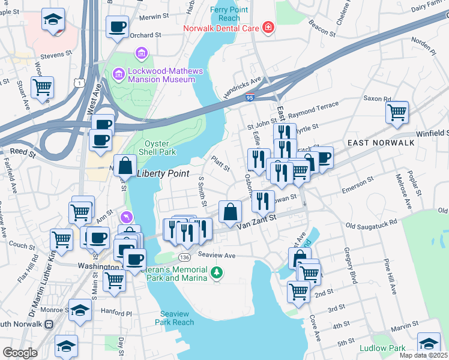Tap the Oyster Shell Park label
pos(160,147)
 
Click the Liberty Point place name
pos(164,174)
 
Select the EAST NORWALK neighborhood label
pos(381,142)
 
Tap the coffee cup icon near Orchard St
pos(117,26)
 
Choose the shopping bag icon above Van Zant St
pos(230,211)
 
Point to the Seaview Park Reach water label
pos(177,318)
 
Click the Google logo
pos(20,353)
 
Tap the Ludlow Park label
pos(382,348)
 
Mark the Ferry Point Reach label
pos(226,14)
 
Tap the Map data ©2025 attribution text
pos(423,355)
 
